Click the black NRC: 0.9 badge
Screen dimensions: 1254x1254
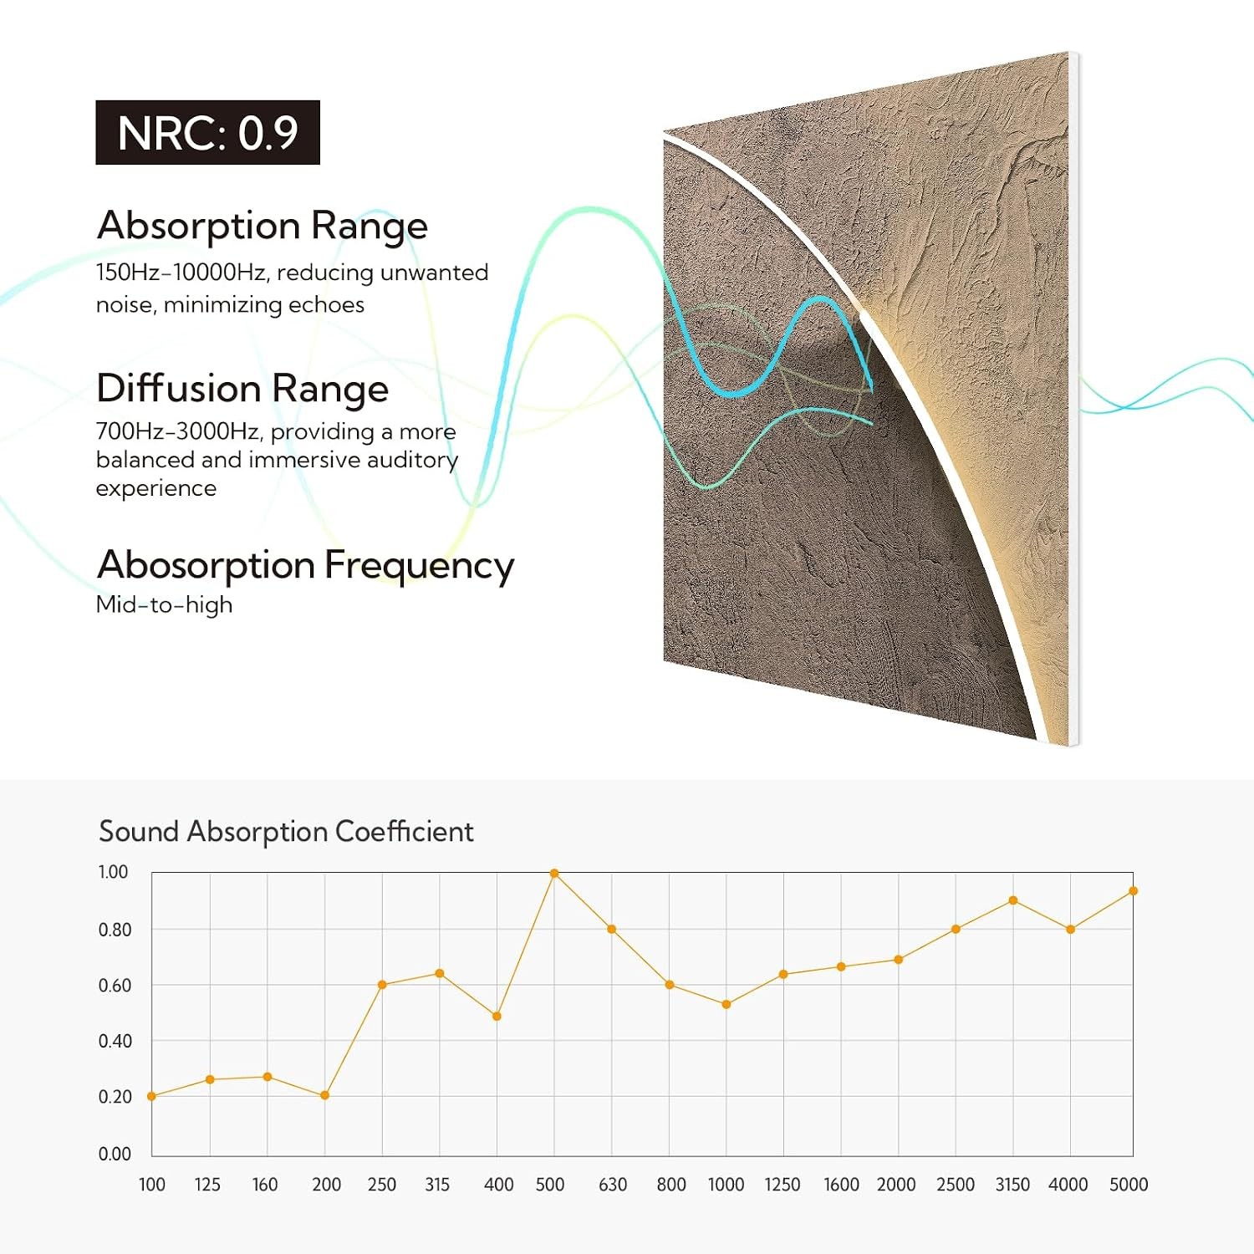coord(207,132)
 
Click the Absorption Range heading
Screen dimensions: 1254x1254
coord(263,226)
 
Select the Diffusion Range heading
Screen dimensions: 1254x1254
coord(242,389)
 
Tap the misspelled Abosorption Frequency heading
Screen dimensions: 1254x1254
coord(305,566)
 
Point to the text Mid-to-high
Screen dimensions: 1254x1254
coord(164,604)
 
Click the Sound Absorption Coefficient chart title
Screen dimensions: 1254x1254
coord(286,831)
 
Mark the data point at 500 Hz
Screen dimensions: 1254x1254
coord(554,874)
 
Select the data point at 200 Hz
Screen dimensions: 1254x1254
coord(324,1095)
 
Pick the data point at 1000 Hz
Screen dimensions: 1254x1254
coord(726,1004)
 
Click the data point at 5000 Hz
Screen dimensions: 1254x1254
coord(1133,891)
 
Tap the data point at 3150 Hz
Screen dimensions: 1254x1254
coord(1013,900)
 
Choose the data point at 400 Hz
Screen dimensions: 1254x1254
coord(497,1017)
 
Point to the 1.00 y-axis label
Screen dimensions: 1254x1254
coord(113,872)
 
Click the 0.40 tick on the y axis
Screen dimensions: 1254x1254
coord(115,1041)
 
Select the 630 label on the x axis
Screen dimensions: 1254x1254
coord(613,1185)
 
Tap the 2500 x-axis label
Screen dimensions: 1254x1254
coord(956,1185)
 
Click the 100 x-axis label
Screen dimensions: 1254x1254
coord(152,1185)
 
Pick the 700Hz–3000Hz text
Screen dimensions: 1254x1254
coord(178,431)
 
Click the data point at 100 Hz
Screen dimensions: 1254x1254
coord(151,1096)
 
